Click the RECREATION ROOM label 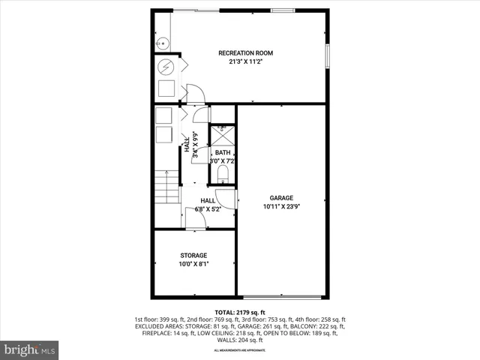pos(245,53)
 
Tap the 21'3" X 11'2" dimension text pos(245,62)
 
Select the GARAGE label pos(282,198)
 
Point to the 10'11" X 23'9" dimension pos(282,207)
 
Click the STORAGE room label pos(193,256)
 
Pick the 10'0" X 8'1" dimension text pos(193,264)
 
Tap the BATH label pos(223,152)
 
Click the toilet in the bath pos(223,175)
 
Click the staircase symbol pos(166,187)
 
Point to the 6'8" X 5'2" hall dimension pos(208,209)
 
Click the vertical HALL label pos(187,144)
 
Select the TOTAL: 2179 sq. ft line pos(240,312)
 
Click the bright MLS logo pos(30,349)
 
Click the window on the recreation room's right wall pos(327,56)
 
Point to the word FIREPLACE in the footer pos(156,333)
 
